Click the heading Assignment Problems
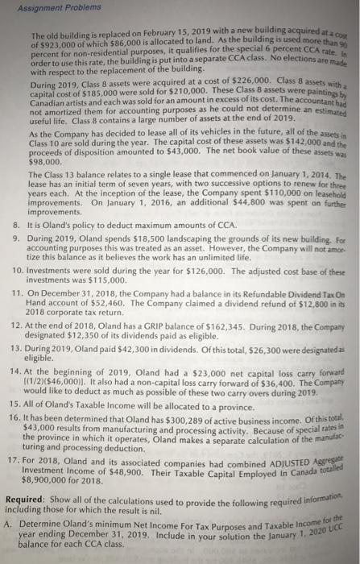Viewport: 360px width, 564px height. click(48, 9)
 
